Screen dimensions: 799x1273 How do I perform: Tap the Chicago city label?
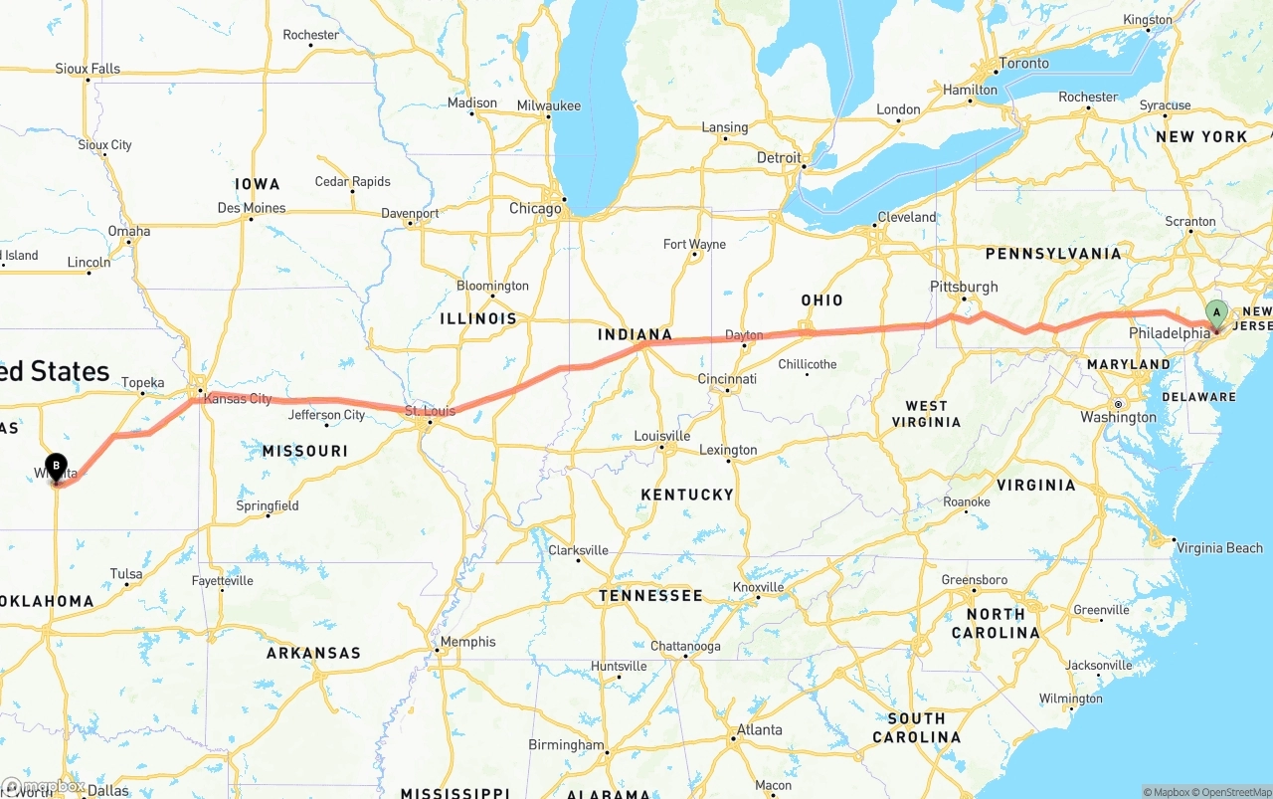535,209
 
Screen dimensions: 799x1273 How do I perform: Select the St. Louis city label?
430,410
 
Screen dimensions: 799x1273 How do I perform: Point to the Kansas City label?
237,399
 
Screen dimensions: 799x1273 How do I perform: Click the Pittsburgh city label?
964,287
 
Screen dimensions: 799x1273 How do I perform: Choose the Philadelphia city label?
1169,333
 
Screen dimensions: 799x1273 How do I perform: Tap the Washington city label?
1118,417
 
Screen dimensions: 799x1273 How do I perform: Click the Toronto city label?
1023,64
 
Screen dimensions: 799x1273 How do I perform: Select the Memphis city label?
467,642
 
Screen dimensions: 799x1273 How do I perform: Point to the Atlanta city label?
759,729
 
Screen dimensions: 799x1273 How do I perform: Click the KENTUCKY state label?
687,495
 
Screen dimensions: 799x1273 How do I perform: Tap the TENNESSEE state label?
650,595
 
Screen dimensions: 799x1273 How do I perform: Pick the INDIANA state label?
635,334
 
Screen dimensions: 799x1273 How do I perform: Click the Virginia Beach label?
1218,548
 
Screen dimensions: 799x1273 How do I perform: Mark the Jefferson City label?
326,415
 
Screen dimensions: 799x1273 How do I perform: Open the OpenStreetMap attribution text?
1232,792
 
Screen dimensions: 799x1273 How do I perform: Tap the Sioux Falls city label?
88,69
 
